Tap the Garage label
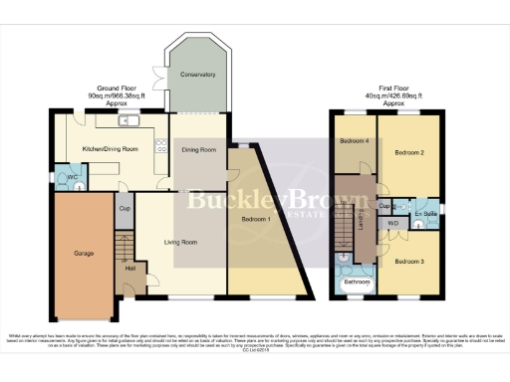click(84, 254)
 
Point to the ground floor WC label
click(73, 177)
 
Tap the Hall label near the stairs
click(129, 269)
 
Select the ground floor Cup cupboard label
click(125, 210)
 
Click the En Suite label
click(425, 213)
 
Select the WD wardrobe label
click(392, 224)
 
